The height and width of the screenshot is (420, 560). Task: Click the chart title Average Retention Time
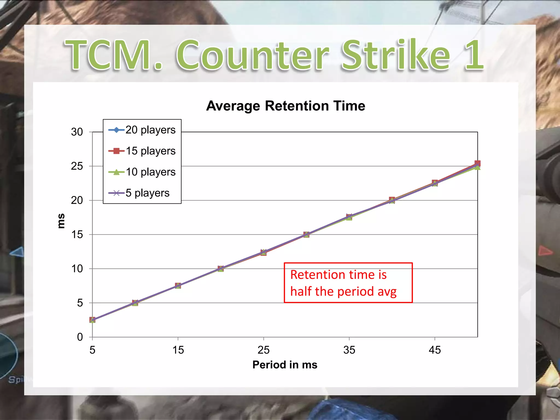[x=285, y=106]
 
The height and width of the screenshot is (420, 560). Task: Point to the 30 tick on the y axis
[x=77, y=132]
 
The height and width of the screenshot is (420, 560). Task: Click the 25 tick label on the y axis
[x=77, y=166]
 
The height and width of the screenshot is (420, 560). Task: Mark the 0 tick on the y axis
[x=80, y=337]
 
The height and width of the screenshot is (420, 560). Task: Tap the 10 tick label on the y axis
[x=77, y=269]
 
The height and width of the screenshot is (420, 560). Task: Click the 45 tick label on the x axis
[x=435, y=350]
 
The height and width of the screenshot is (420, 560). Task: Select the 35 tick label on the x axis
[x=349, y=350]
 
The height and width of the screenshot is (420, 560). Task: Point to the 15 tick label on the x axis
[x=178, y=350]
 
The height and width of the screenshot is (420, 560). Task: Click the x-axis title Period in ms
[x=285, y=365]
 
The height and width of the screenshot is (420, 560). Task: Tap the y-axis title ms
[x=61, y=221]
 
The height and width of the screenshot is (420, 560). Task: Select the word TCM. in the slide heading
[x=113, y=55]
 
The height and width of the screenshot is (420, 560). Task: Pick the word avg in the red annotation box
[x=387, y=291]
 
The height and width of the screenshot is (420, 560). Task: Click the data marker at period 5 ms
[x=92, y=320]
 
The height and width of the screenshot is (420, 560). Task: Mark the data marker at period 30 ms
[x=306, y=235]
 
